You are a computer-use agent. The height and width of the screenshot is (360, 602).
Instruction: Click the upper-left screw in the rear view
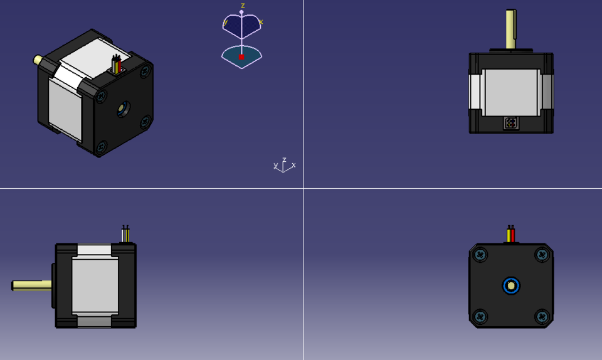pos(480,255)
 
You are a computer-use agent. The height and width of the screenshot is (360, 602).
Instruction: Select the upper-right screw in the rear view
pos(542,255)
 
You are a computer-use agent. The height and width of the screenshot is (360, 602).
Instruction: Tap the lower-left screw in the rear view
pos(480,316)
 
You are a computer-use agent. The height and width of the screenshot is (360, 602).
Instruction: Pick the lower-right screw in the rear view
pos(542,316)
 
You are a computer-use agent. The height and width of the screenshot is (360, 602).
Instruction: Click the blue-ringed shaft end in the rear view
pos(511,286)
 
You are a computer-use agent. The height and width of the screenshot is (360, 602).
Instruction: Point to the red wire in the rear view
pos(512,235)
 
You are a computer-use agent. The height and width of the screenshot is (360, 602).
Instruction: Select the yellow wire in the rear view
pos(509,235)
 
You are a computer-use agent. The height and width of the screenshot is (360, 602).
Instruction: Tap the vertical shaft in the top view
pos(510,28)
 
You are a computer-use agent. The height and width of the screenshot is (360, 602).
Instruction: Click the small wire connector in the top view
pos(511,123)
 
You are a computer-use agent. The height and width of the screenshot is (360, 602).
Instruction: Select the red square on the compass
pos(241,57)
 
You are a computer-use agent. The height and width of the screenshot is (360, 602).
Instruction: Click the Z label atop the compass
pos(243,6)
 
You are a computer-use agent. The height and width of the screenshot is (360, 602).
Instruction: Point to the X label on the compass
pos(261,23)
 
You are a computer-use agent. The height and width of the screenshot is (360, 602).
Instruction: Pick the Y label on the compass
pos(225,23)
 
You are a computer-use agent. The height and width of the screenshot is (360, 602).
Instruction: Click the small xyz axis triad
pos(284,166)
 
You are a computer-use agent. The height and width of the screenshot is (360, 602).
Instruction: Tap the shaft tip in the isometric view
pos(38,60)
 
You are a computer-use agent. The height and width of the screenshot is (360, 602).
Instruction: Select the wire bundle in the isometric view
pos(116,65)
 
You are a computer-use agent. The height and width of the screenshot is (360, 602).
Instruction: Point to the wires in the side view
pos(125,234)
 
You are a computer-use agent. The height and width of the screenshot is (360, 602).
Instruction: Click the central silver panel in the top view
pos(510,92)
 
